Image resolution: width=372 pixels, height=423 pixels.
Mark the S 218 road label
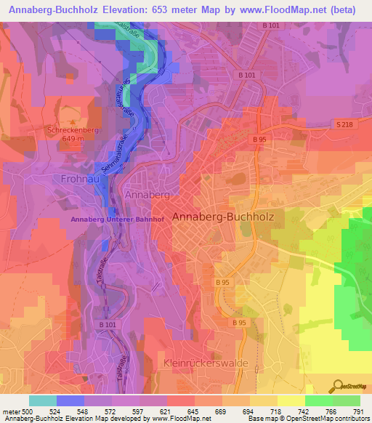pyautogui.click(x=346, y=126)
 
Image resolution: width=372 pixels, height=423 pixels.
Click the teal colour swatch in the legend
pyautogui.click(x=42, y=400)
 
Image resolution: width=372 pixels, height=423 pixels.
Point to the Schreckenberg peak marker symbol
pyautogui.click(x=73, y=121)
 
